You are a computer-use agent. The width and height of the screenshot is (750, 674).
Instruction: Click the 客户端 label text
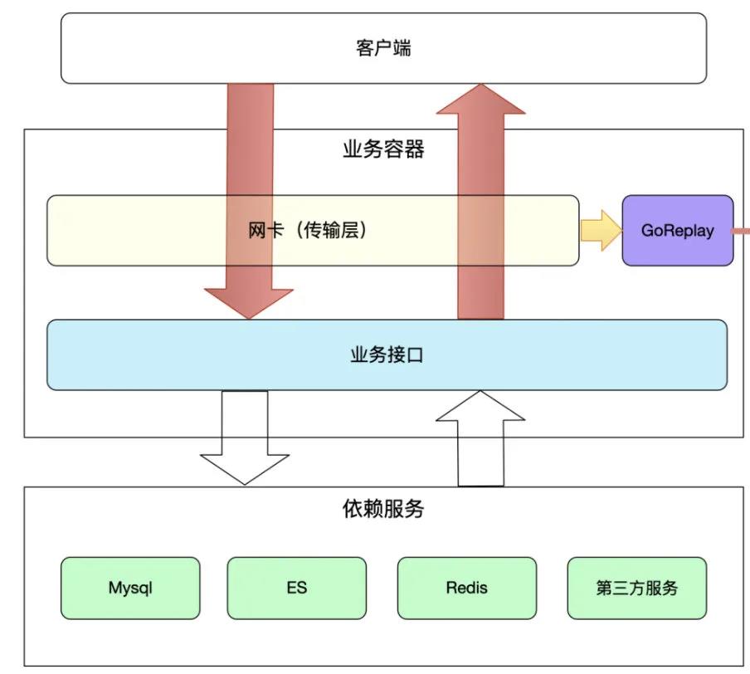coord(382,48)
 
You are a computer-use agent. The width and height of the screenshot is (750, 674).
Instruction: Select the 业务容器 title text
coord(383,149)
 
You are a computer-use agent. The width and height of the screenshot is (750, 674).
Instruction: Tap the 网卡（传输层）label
coord(308,231)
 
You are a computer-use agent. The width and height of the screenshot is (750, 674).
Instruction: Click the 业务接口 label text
coord(387,355)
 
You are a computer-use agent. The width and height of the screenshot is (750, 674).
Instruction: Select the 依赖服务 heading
coord(382,508)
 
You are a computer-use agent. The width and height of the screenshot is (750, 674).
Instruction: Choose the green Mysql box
coord(130,588)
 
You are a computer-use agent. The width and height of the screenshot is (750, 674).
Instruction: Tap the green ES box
coord(296,588)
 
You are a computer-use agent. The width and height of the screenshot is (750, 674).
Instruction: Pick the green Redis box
coord(467,588)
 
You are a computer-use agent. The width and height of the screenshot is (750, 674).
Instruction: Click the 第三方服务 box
coord(636,588)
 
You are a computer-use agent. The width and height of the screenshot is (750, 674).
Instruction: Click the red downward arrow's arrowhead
coord(249,302)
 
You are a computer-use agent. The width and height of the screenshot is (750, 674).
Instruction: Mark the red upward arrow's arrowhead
coord(481,100)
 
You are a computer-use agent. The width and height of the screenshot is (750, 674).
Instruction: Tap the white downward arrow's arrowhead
coord(245,468)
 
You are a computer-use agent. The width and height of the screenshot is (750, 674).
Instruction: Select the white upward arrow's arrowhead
coord(480,408)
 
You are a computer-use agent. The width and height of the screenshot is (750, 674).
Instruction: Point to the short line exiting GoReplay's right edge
coord(742,231)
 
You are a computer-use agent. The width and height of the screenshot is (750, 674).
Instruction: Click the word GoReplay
coord(677,231)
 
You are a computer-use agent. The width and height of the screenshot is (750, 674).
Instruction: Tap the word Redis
coord(467,588)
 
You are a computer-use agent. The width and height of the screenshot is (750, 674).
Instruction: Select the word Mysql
coord(130,588)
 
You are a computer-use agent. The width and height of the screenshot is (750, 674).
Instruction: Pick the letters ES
coord(296,588)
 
